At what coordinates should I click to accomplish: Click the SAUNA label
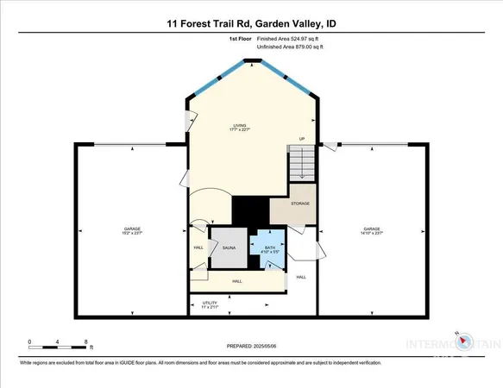point(229,247)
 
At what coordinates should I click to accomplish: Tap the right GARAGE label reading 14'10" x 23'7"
point(373,231)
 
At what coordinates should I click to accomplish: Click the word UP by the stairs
point(302,139)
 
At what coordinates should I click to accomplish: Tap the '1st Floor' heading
point(240,40)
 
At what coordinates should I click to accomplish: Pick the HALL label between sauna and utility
point(236,281)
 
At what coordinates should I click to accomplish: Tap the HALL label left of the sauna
point(198,248)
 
